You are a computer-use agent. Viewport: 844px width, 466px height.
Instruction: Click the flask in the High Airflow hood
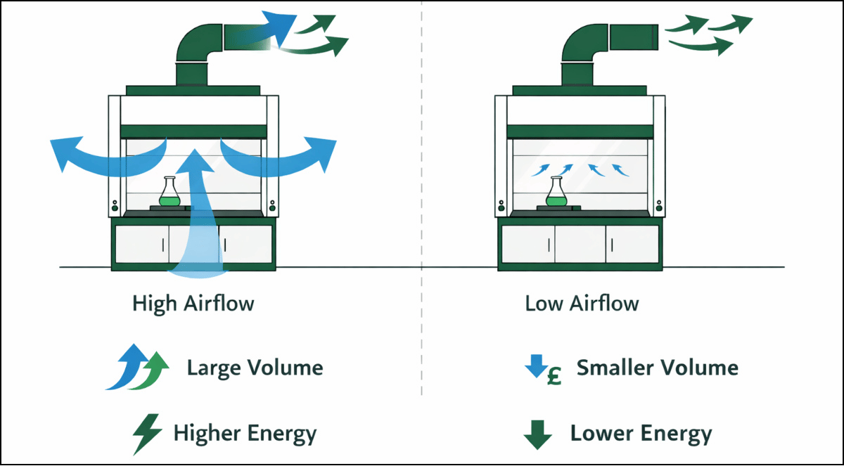(x=169, y=193)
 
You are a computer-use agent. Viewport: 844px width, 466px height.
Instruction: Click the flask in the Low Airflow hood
(x=556, y=193)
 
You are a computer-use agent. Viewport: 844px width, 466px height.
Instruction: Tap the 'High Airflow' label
(x=193, y=304)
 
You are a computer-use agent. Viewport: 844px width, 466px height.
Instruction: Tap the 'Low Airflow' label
(x=582, y=304)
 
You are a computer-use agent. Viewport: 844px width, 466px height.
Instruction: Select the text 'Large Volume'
(x=255, y=368)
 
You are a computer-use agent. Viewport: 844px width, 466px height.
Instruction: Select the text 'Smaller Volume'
(x=657, y=367)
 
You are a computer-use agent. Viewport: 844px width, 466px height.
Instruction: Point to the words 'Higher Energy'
(x=245, y=433)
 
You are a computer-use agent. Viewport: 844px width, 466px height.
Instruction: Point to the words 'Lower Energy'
(x=641, y=433)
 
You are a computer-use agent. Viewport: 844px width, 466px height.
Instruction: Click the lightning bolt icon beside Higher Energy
(x=148, y=433)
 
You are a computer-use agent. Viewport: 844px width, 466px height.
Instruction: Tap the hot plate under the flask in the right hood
(x=556, y=208)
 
